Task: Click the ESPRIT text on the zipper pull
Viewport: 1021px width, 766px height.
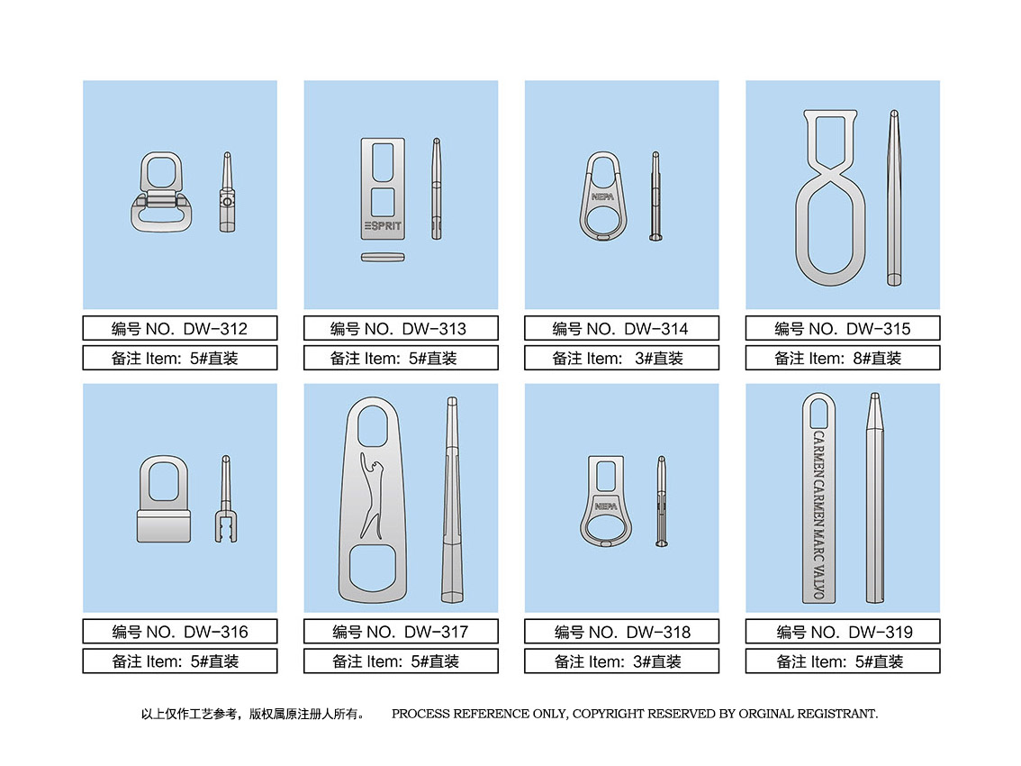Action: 383,226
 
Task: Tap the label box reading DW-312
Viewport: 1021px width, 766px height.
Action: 180,328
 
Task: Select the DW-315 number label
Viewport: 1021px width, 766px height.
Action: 843,328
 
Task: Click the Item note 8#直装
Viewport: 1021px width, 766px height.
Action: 843,358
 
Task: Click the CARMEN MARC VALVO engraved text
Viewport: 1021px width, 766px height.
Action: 818,514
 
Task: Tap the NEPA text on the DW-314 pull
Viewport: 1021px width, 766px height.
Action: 602,196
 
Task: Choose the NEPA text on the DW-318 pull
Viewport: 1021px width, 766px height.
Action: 606,506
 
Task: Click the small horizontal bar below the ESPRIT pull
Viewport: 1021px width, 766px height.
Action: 383,258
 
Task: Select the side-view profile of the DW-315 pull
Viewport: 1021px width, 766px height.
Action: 894,197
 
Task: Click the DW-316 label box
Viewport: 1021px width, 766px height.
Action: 180,631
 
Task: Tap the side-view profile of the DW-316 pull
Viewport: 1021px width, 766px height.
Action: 226,498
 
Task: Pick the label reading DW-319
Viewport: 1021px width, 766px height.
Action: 843,631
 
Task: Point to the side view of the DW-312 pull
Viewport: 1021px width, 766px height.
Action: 227,192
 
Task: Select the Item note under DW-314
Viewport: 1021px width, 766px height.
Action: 622,358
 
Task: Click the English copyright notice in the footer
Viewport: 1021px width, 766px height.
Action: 634,714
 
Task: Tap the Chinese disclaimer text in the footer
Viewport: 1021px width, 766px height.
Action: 253,714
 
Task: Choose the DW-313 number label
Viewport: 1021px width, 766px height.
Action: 402,328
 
